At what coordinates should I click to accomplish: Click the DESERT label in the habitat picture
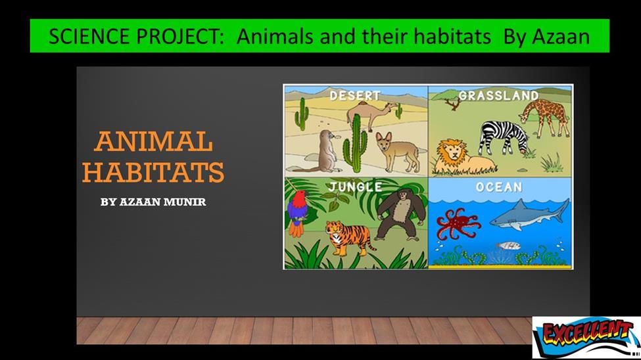click(355, 96)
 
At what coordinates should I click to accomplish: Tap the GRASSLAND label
click(499, 96)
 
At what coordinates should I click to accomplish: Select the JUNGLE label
click(355, 187)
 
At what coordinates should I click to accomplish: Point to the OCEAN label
click(499, 187)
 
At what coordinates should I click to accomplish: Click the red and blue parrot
click(297, 212)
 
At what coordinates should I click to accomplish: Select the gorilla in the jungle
click(400, 215)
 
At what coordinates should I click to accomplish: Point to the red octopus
click(457, 223)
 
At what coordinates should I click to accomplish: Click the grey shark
click(530, 215)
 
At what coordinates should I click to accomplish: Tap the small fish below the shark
click(508, 246)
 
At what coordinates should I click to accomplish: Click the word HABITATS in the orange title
click(153, 171)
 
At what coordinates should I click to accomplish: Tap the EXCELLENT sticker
click(586, 338)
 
